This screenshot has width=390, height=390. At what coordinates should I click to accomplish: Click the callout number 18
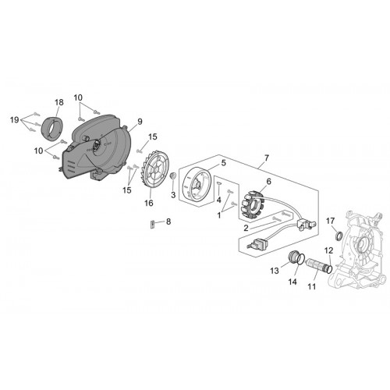coord(59,102)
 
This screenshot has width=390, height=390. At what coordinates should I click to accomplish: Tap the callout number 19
coord(15,120)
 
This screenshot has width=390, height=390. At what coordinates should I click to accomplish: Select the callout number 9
coord(140,122)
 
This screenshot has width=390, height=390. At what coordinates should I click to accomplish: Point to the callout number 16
coord(149,203)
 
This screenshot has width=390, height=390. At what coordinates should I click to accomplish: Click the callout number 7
coord(267,158)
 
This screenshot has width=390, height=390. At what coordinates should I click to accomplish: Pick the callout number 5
coord(223,163)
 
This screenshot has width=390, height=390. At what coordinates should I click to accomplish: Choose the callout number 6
coord(268,181)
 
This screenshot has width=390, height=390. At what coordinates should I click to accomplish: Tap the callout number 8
coord(168,222)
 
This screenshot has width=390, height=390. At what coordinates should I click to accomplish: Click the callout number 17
coord(330,221)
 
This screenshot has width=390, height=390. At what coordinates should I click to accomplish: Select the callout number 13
coord(275,271)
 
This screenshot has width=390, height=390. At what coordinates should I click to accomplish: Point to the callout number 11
coord(311,286)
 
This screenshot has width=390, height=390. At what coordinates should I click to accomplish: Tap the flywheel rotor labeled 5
coord(197,183)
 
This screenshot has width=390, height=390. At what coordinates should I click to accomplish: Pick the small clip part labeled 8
coord(153,225)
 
